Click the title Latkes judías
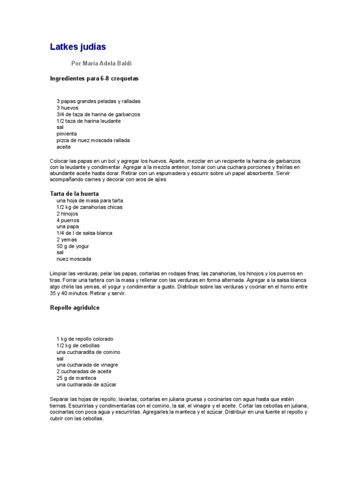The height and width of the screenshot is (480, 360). pos(78,47)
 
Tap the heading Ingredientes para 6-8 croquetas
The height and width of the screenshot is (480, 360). pos(94,78)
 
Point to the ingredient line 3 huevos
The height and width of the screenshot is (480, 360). pos(67,108)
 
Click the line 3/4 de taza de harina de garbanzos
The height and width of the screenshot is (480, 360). pos(98,114)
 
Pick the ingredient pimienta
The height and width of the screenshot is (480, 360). pos(67,134)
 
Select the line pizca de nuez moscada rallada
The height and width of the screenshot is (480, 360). pos(93,140)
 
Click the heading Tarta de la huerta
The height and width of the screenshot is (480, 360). pos(74,194)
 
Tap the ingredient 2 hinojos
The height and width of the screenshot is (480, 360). pos(67,214)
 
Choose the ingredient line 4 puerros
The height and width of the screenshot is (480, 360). pos(67,220)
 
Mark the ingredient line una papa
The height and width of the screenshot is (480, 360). pos(67,226)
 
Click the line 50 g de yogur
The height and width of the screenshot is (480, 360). pos(73,246)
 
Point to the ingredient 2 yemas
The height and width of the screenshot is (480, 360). pos(67,240)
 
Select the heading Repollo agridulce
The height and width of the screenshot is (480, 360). pos(75,308)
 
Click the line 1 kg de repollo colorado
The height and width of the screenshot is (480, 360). pos(85,339)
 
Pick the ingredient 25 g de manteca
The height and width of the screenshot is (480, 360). pos(77,378)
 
